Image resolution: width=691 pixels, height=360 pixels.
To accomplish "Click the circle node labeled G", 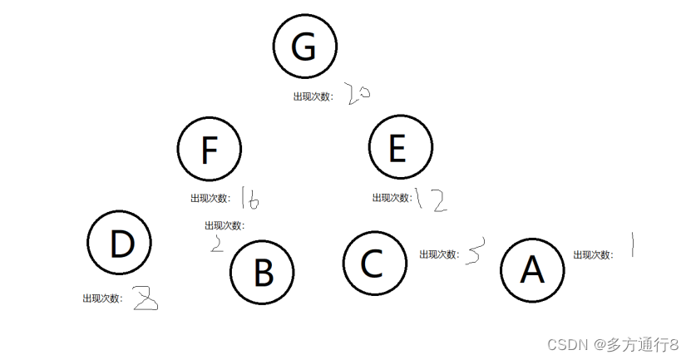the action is [305, 47].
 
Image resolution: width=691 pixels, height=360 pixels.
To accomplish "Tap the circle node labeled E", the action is [401, 149].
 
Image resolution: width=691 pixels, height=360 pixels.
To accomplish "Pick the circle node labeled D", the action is [120, 244].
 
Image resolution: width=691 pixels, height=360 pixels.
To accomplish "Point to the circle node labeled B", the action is [263, 273].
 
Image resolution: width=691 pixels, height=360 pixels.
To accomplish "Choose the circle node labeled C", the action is [375, 263].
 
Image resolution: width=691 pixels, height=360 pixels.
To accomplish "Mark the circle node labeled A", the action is [532, 270].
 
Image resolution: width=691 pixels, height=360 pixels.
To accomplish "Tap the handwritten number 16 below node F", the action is [249, 198].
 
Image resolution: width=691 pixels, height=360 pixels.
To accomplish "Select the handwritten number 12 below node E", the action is [432, 200].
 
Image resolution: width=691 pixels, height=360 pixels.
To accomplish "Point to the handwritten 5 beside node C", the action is [474, 253].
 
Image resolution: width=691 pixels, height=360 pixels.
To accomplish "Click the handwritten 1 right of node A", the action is [634, 245].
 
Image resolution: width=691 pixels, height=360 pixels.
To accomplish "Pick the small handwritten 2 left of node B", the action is [218, 244].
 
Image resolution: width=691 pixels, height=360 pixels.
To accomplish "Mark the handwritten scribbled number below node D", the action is [145, 298].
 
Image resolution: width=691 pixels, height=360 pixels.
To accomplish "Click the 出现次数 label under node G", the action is [313, 96].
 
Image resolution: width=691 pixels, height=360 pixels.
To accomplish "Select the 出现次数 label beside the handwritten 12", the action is [392, 198].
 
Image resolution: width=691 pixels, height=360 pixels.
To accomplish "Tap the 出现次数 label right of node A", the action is [593, 255].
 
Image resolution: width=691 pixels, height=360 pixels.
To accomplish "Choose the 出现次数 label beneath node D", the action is [102, 298].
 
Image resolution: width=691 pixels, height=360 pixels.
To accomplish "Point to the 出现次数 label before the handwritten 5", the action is [439, 254].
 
